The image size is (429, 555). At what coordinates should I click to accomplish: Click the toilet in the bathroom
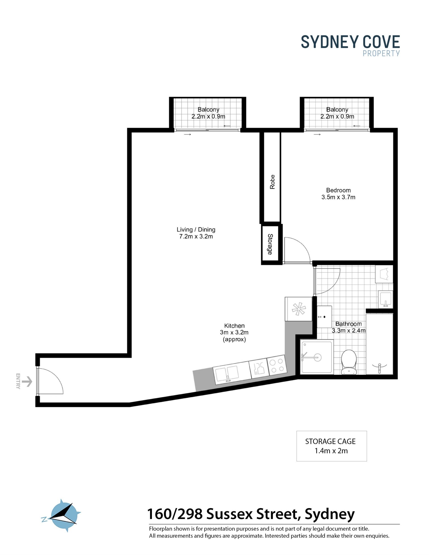[x=349, y=362]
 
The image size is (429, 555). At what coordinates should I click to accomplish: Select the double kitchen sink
[x=227, y=374]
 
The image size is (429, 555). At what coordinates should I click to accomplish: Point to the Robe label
[x=272, y=182]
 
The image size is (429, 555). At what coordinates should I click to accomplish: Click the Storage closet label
[x=270, y=244]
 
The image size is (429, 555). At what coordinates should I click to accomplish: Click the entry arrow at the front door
[x=27, y=381]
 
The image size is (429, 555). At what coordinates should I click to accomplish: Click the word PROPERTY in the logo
[x=381, y=53]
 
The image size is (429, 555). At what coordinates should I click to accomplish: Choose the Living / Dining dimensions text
[x=196, y=236]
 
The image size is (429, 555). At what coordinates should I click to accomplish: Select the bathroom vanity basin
[x=385, y=299]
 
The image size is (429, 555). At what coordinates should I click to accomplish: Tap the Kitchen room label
[x=234, y=326]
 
